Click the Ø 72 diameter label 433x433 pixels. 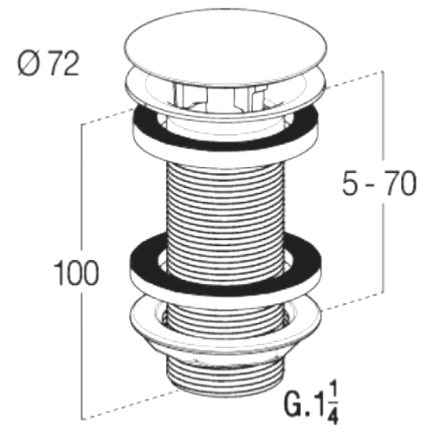tap(48, 65)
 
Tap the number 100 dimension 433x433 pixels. tap(76, 273)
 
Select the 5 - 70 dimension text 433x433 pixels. tap(379, 183)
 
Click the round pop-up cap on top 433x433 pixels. tap(226, 47)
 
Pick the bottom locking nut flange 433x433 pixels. tap(226, 323)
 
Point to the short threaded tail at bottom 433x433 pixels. tap(225, 379)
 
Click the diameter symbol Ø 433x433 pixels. tap(29, 65)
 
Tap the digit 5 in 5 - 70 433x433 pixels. tap(350, 183)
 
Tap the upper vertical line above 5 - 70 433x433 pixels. tap(383, 115)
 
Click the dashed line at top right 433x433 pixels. tap(354, 79)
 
